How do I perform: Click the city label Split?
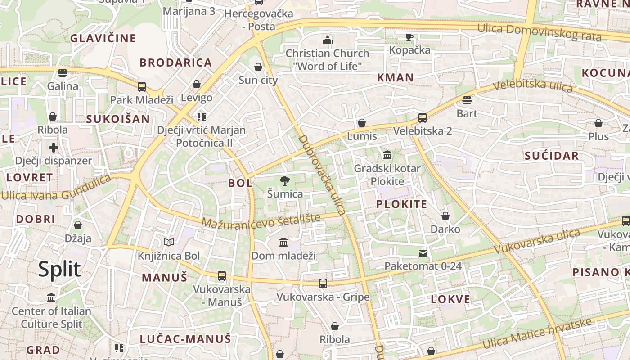click(59, 269)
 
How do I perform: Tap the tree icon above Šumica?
click(284, 181)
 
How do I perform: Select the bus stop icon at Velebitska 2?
click(422, 118)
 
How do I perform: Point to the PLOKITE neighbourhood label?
click(401, 204)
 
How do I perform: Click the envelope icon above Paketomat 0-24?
click(423, 253)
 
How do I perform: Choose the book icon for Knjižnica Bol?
click(169, 243)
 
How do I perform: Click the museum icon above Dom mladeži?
click(283, 243)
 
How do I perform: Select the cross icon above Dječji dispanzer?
click(54, 148)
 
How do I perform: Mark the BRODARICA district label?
click(175, 63)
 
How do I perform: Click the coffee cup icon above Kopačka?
click(409, 37)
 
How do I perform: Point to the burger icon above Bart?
click(467, 100)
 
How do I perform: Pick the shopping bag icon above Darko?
click(445, 216)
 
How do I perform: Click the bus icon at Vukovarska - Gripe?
click(323, 283)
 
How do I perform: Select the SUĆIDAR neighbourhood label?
click(552, 156)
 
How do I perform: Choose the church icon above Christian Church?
click(327, 40)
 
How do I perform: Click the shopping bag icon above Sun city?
click(258, 67)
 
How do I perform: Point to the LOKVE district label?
click(450, 299)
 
